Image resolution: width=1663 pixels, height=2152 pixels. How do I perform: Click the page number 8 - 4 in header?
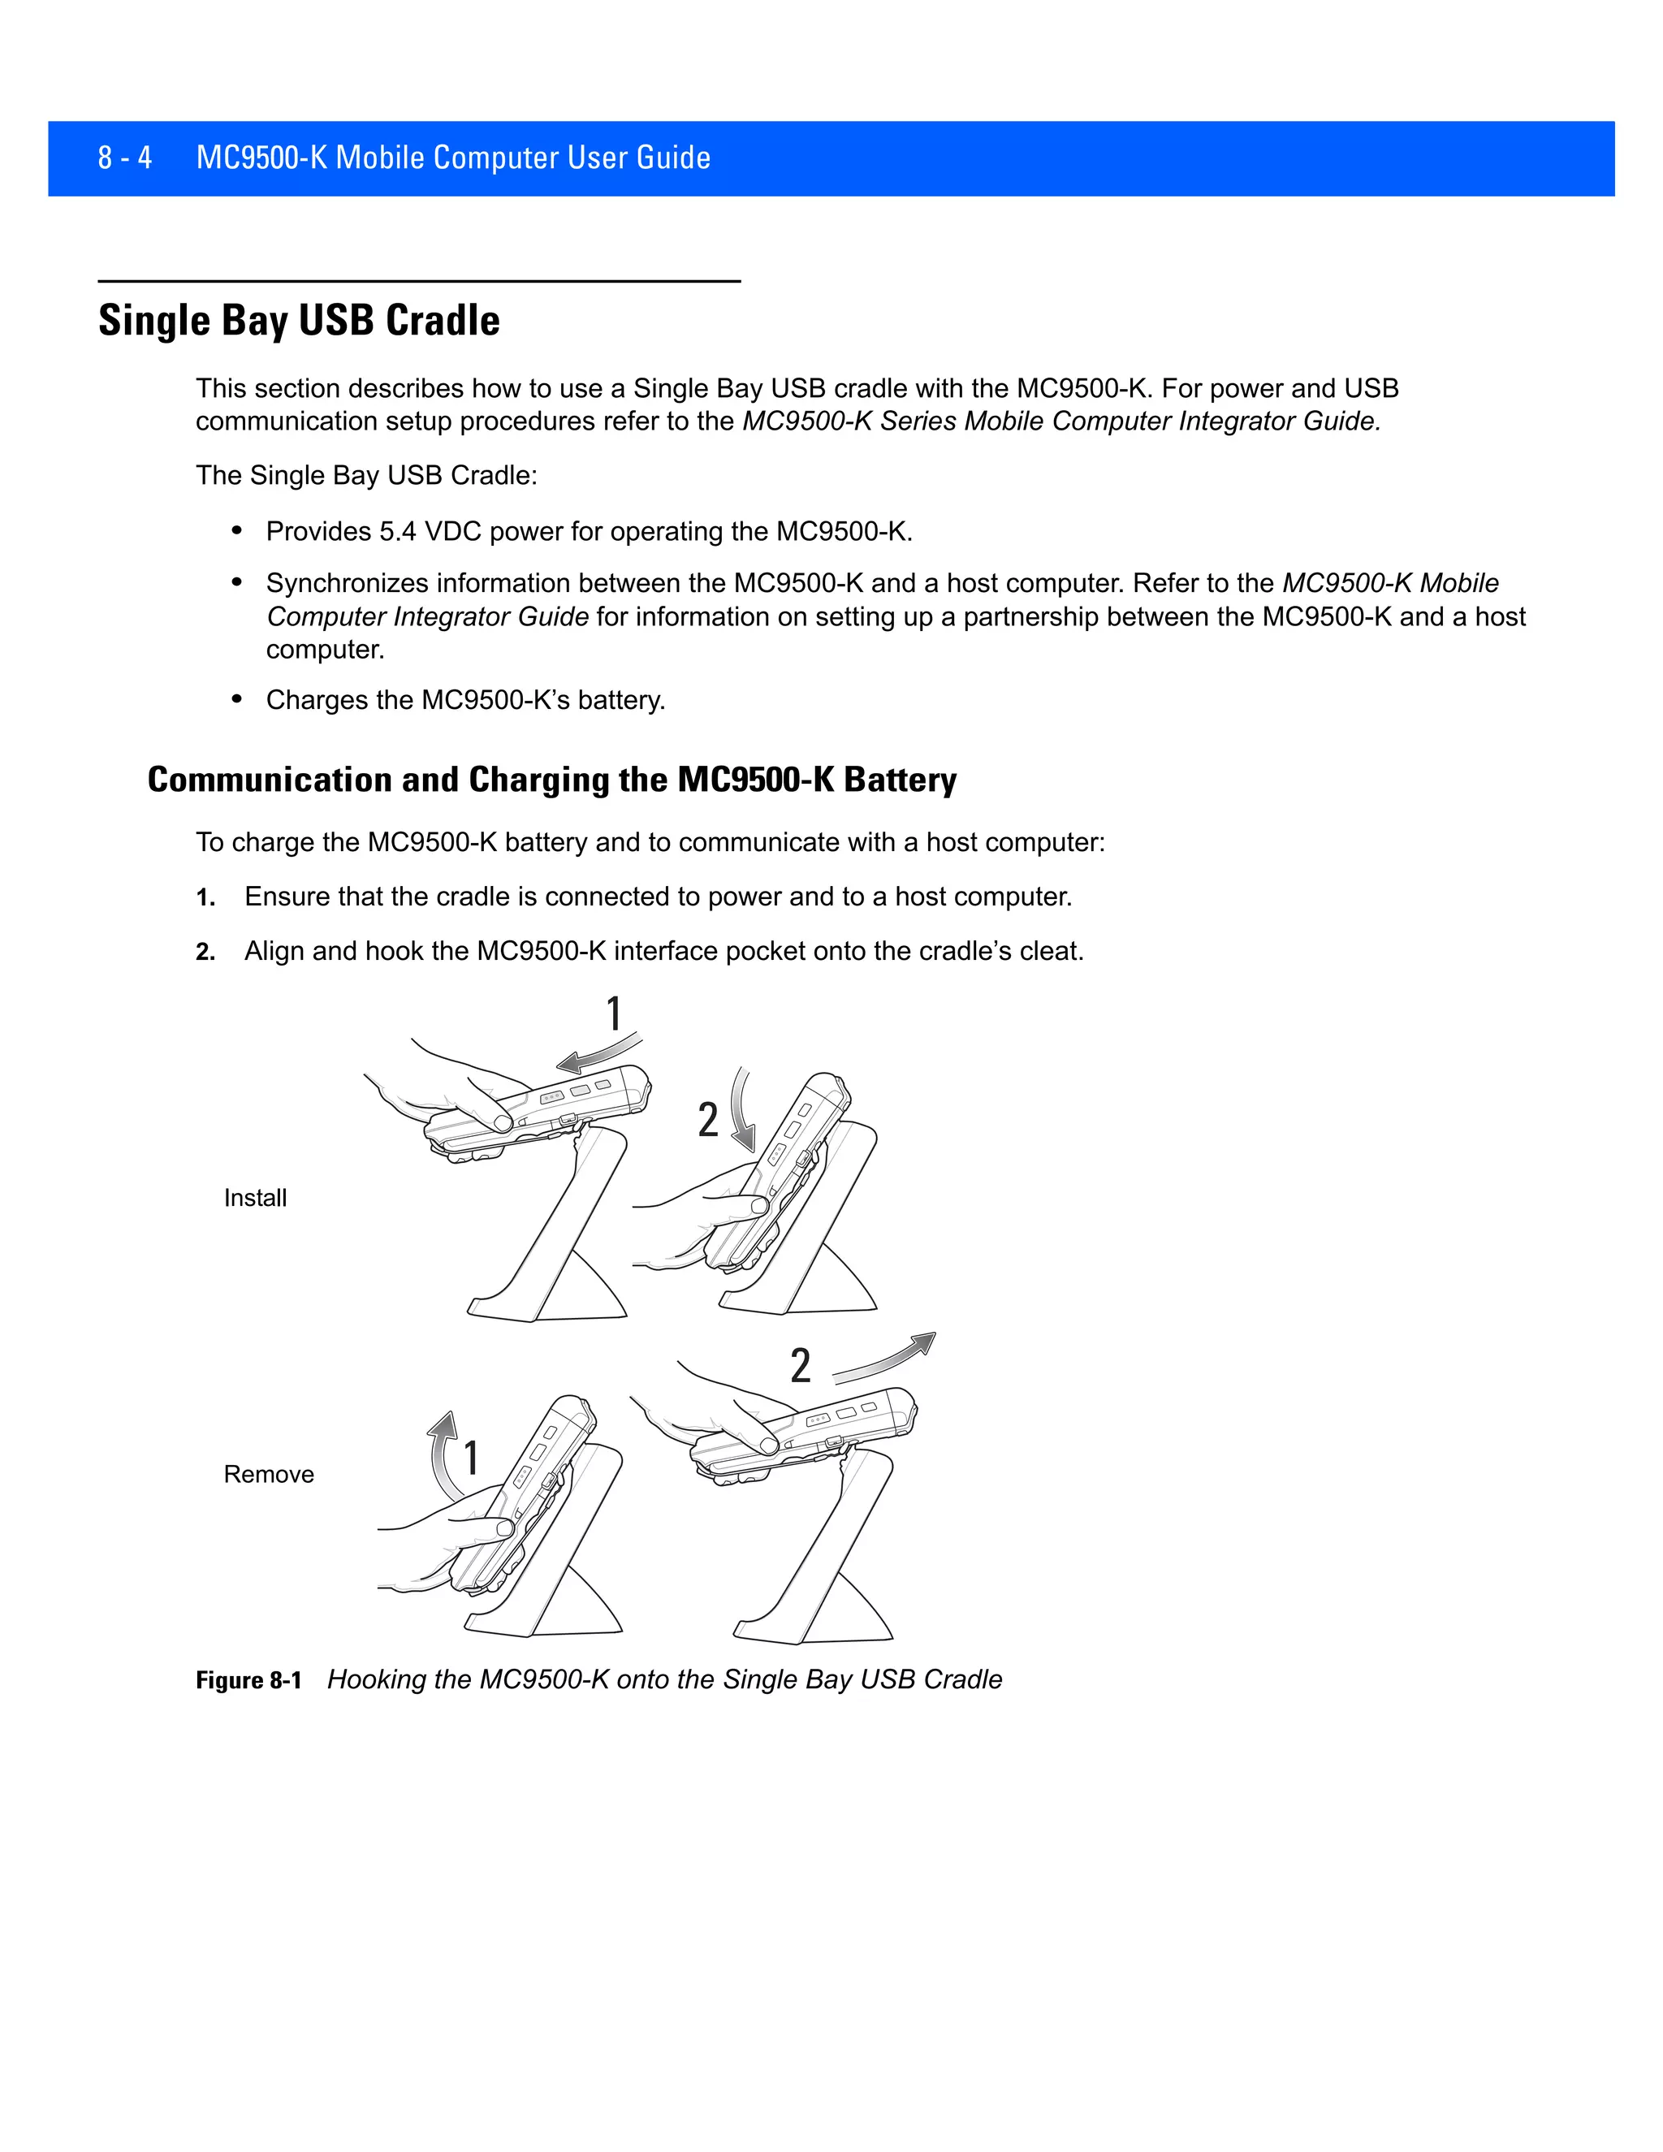coord(124,158)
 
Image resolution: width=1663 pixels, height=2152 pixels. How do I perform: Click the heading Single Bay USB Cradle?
coord(299,320)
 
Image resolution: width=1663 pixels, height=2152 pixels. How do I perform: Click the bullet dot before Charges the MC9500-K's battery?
coord(236,698)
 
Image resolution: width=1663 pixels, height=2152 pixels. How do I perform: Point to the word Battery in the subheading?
coord(900,780)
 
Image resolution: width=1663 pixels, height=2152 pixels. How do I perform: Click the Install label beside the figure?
coord(255,1198)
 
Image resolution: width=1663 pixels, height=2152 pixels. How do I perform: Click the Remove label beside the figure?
coord(268,1474)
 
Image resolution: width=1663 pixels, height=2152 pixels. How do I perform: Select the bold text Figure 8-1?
coord(248,1680)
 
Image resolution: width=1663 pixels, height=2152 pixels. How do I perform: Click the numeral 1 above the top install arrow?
coord(614,1014)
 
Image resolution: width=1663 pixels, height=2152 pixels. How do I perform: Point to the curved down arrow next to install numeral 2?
coord(742,1108)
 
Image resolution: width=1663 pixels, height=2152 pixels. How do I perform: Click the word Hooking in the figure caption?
coord(370,1679)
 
